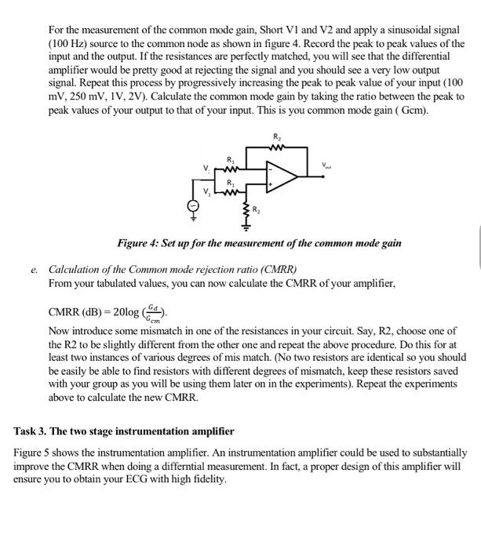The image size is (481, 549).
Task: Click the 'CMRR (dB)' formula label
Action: pos(77,312)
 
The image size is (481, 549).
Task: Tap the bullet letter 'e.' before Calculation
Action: pos(35,268)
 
